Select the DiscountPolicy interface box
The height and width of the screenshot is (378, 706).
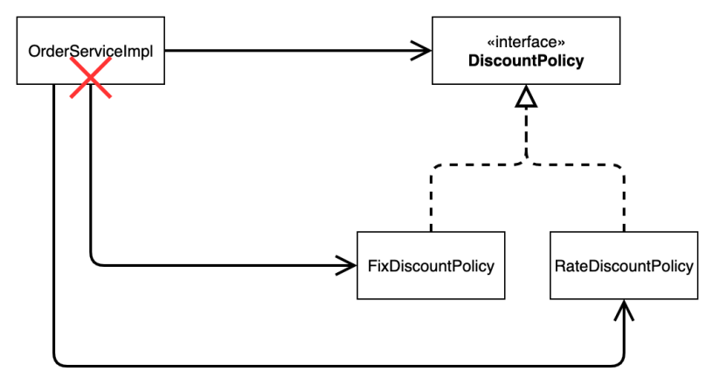tap(526, 52)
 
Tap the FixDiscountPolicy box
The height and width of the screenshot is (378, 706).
tap(432, 265)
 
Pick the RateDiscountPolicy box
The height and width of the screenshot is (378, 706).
tap(624, 265)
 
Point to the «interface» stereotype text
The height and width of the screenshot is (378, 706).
tap(526, 43)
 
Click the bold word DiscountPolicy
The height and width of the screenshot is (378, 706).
tap(526, 61)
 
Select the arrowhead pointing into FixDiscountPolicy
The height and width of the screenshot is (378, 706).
tap(349, 263)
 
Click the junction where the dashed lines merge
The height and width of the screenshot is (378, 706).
tap(526, 162)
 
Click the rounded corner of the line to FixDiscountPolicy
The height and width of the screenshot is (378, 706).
tap(93, 260)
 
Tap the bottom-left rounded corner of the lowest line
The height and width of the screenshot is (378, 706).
tap(57, 359)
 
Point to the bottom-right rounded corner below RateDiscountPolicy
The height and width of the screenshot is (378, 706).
tap(620, 359)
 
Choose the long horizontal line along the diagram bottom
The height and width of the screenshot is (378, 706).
tap(341, 362)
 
